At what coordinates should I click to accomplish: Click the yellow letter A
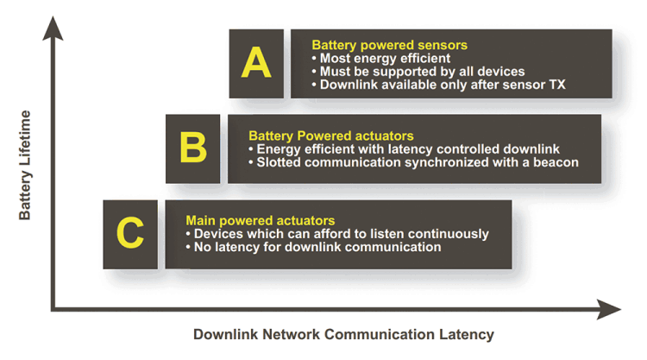click(x=256, y=63)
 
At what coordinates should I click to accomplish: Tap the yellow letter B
click(x=193, y=148)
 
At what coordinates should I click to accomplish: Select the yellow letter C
click(x=129, y=233)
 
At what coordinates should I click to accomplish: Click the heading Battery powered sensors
click(x=389, y=45)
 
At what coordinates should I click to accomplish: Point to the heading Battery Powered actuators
click(x=330, y=136)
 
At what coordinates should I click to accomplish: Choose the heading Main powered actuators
click(x=261, y=221)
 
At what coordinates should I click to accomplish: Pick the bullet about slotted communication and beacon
click(x=418, y=161)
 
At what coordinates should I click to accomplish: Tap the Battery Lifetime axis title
click(x=24, y=164)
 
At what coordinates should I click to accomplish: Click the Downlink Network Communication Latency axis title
click(x=343, y=334)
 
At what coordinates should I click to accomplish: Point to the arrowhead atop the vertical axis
click(x=54, y=28)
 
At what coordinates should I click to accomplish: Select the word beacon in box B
click(x=556, y=161)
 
